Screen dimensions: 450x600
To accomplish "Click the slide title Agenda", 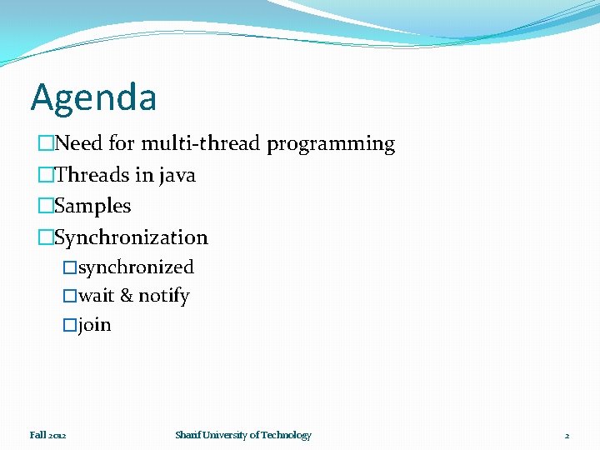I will pos(93,98).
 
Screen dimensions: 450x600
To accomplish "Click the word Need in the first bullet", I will pos(79,144).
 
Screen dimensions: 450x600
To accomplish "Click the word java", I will pos(177,176).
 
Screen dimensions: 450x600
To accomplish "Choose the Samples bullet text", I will pos(92,206).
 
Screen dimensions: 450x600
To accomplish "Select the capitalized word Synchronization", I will pos(131,237).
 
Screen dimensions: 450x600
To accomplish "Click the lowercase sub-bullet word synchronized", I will pos(136,267).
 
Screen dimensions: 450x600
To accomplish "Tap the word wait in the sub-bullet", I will pos(96,297).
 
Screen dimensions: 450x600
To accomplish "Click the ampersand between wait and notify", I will pos(127,297).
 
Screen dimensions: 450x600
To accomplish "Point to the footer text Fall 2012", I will pos(48,435).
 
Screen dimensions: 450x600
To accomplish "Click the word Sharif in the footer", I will pos(187,435).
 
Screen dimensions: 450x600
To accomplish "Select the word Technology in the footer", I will pos(286,435).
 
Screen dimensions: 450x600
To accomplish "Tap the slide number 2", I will pos(567,436).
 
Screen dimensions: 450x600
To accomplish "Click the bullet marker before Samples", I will pos(46,207).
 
